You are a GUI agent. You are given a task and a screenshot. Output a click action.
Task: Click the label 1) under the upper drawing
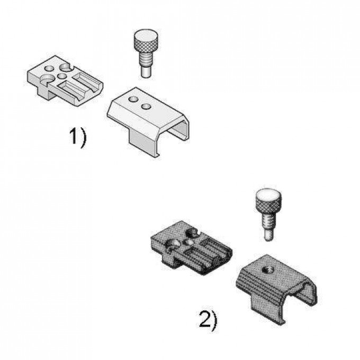pos(78,138)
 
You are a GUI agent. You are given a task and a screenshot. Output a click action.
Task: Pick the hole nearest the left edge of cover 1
pos(133,100)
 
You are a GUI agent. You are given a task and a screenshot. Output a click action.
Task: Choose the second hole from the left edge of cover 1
pos(146,106)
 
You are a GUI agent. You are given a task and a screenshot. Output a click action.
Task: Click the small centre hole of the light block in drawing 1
pos(62,76)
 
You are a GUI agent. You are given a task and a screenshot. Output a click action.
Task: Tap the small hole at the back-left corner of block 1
pos(49,68)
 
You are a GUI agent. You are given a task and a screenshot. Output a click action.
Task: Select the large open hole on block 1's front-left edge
pos(46,79)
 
